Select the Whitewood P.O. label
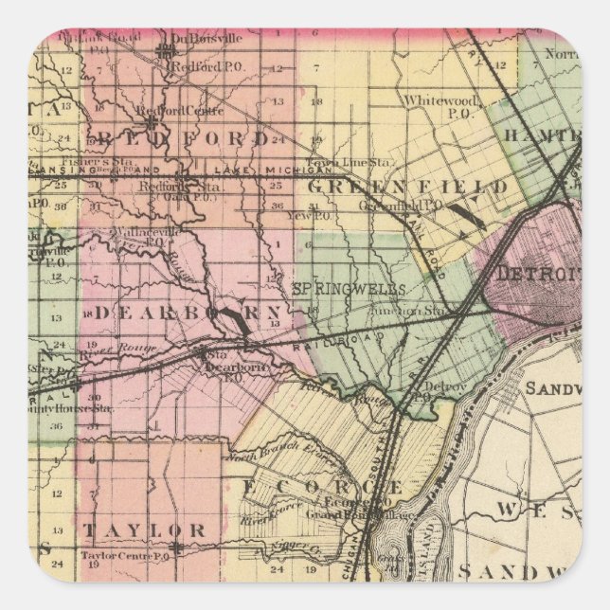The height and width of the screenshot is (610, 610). (x=433, y=103)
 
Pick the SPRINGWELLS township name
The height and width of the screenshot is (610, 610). (x=350, y=286)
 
